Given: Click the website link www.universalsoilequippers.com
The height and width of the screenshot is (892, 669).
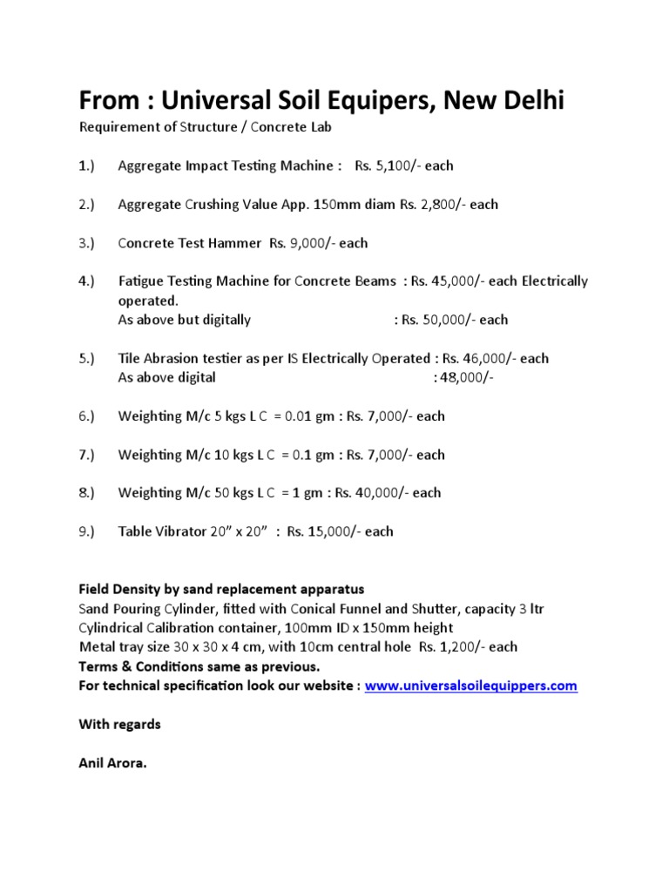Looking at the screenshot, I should pyautogui.click(x=470, y=686).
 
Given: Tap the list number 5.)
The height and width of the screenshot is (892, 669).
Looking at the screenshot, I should pyautogui.click(x=86, y=359).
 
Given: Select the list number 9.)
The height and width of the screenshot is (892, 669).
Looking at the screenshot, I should pyautogui.click(x=86, y=531).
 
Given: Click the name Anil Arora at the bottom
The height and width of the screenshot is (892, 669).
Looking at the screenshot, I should pyautogui.click(x=113, y=763).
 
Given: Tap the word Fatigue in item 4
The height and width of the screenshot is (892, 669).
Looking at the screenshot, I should pyautogui.click(x=140, y=281).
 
